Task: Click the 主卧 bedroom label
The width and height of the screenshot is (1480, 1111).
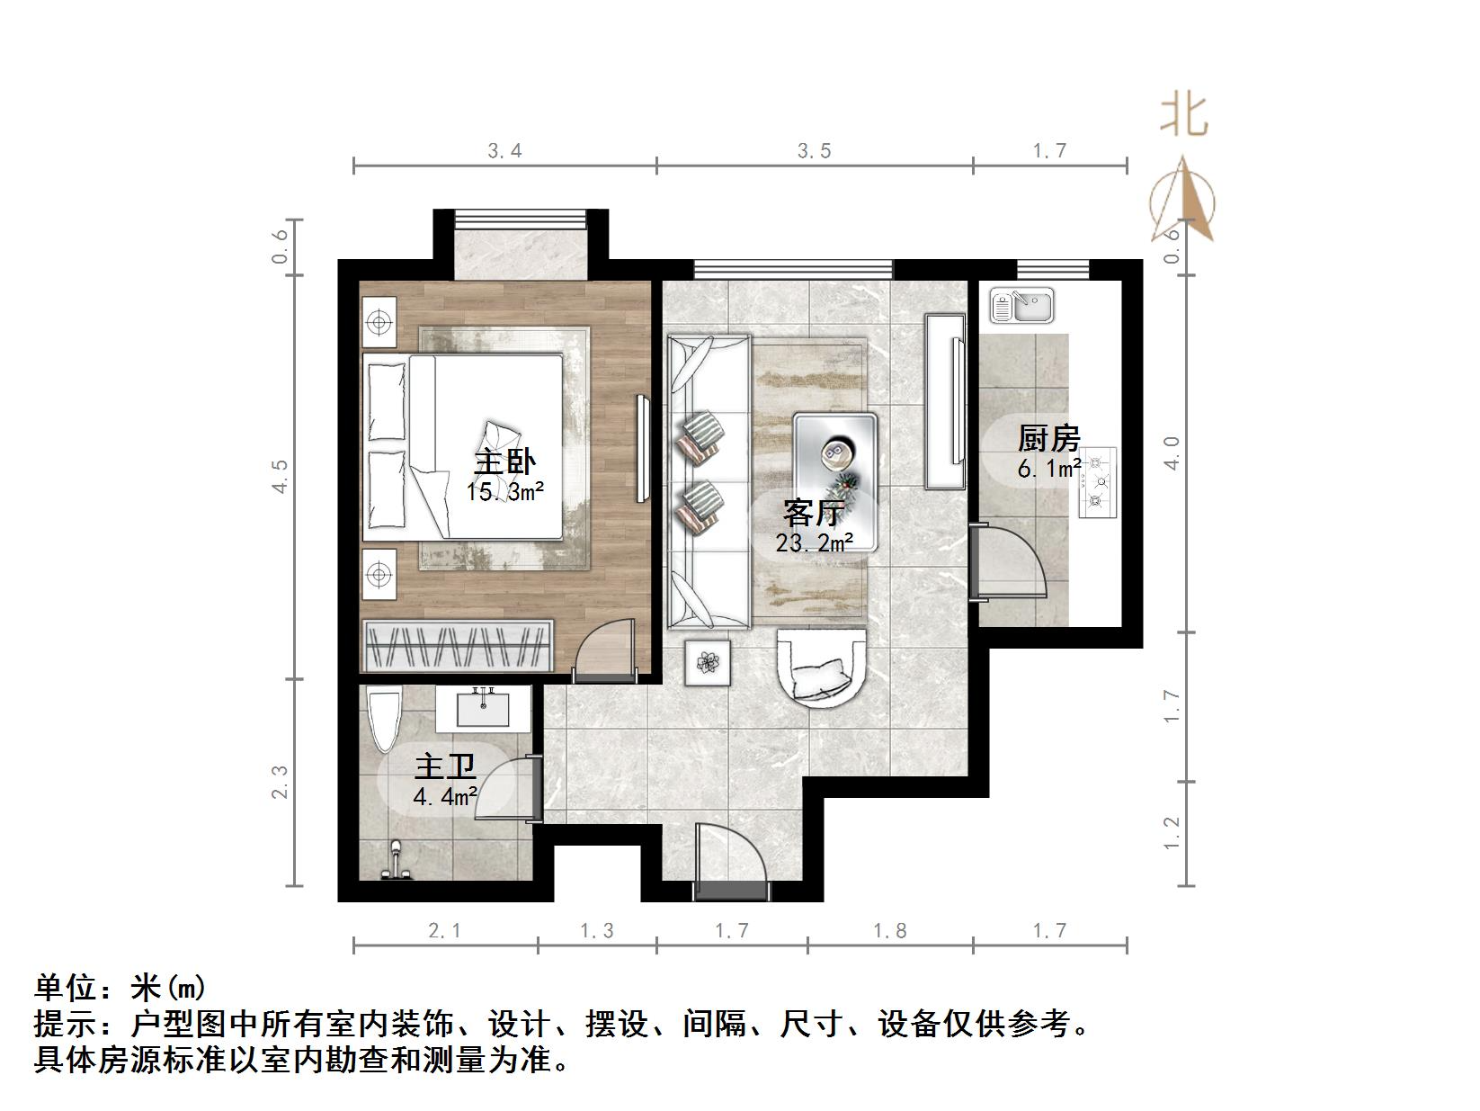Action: tap(504, 461)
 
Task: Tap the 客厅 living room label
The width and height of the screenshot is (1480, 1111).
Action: tap(812, 513)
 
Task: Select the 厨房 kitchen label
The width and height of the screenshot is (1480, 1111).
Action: tap(1048, 439)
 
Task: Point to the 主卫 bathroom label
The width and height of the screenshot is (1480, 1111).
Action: tap(444, 767)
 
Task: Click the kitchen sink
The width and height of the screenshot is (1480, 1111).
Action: tap(1021, 306)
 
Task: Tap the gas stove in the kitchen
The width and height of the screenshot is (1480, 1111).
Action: tap(1098, 482)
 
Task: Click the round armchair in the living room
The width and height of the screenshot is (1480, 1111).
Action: tap(821, 668)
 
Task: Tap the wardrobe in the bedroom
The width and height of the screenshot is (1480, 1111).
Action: tap(458, 645)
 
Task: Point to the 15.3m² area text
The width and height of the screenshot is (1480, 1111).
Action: tap(504, 492)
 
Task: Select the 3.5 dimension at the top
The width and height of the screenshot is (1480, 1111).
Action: tap(815, 151)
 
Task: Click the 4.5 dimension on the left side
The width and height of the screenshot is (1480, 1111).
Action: tap(280, 476)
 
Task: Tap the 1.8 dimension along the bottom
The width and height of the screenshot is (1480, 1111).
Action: tap(890, 931)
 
